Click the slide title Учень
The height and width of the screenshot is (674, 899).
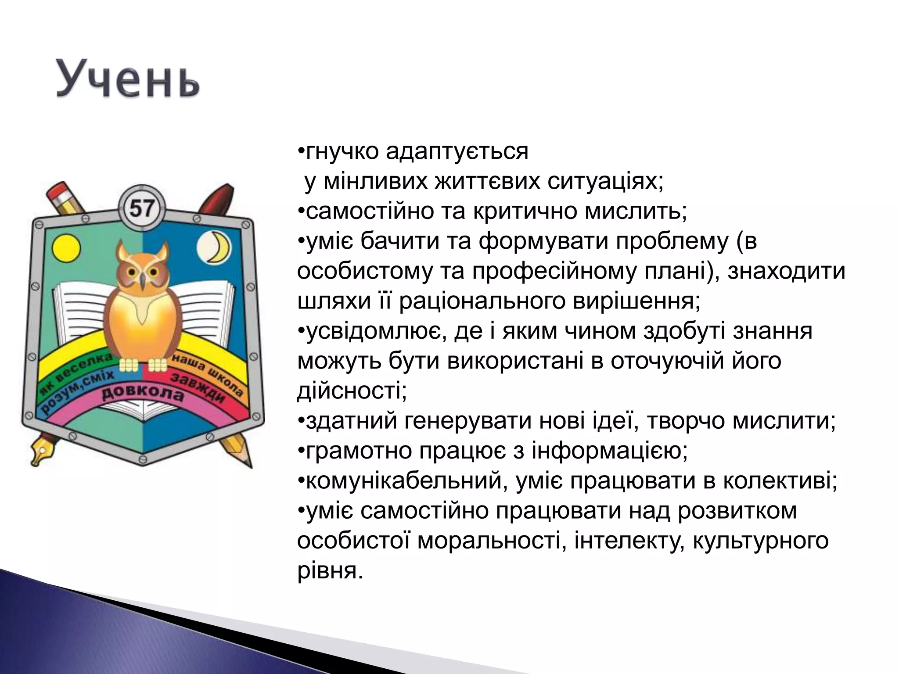(x=127, y=79)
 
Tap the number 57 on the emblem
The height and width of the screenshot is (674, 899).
(x=142, y=208)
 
